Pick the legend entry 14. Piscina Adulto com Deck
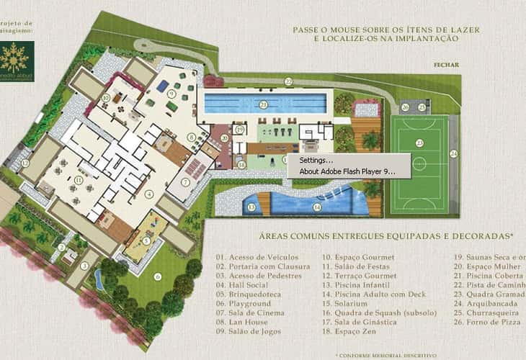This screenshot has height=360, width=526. click(374, 294)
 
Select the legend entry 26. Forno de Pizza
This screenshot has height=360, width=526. click(486, 323)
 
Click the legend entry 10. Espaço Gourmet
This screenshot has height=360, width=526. click(358, 257)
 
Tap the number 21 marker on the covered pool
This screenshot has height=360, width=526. click(264, 105)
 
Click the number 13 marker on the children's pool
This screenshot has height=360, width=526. click(251, 207)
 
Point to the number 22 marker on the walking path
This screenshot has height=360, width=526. click(287, 82)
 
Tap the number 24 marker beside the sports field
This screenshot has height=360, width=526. click(453, 153)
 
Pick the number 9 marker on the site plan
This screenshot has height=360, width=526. click(172, 93)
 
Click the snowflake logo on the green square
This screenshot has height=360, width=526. click(17, 56)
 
